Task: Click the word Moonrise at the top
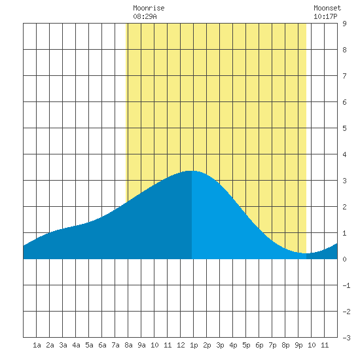click(x=149, y=8)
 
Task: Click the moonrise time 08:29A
click(x=145, y=16)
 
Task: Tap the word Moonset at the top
click(x=327, y=8)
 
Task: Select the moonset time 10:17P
click(x=325, y=16)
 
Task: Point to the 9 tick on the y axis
click(x=344, y=24)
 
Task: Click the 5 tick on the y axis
click(x=344, y=128)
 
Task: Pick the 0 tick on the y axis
click(x=344, y=259)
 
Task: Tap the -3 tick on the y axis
click(x=346, y=338)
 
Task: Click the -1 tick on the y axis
click(x=346, y=285)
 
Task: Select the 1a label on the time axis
click(x=37, y=345)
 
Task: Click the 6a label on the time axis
click(x=102, y=345)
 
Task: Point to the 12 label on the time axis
click(x=181, y=345)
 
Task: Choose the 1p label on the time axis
click(x=194, y=345)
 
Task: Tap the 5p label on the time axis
click(x=246, y=345)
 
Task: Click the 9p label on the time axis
click(x=298, y=345)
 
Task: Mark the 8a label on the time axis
click(x=128, y=345)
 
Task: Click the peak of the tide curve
click(x=192, y=171)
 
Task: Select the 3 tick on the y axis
click(x=344, y=181)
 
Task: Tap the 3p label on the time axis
click(x=220, y=345)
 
